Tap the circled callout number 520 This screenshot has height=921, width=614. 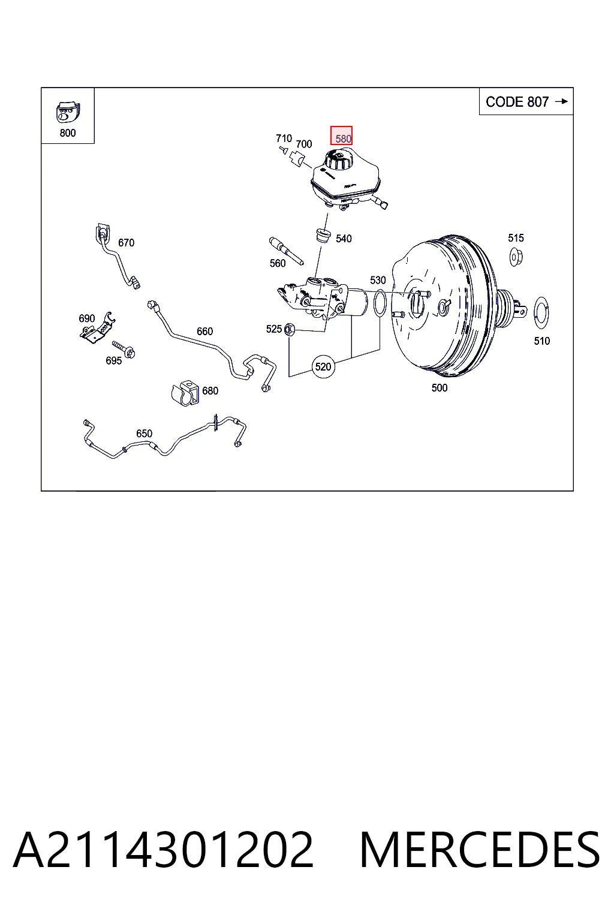323,366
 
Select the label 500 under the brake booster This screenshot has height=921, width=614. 440,388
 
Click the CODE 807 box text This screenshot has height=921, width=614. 517,101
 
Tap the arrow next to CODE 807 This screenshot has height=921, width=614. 561,101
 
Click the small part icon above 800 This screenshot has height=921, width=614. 68,112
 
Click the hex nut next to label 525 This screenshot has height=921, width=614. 288,330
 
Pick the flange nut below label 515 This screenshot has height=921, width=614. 516,257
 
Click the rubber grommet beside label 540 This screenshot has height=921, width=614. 323,235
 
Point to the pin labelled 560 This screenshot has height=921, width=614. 286,251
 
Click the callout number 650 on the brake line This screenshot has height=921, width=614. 144,434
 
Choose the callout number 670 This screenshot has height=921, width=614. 126,243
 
